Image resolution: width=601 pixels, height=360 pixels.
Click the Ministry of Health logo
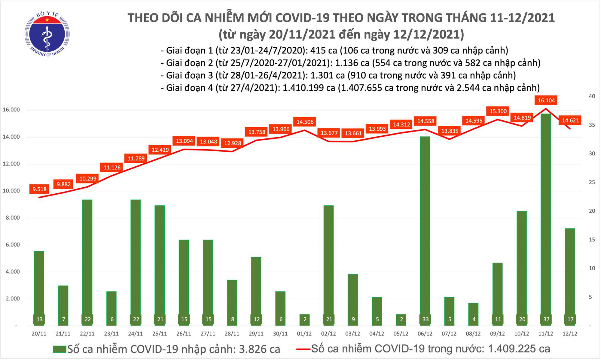(47, 34)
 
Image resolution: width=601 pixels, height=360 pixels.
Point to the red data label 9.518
(40, 189)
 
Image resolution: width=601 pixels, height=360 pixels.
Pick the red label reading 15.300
(498, 111)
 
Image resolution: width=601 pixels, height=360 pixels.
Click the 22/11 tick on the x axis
(87, 334)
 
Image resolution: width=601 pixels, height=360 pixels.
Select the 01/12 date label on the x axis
(304, 334)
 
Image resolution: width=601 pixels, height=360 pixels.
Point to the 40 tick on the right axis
(592, 96)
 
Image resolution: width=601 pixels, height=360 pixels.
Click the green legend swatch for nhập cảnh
(59, 349)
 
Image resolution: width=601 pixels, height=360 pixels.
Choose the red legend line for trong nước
(303, 349)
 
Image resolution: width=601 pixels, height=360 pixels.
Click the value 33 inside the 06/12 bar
(425, 319)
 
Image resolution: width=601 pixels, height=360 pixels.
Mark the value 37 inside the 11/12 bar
(546, 319)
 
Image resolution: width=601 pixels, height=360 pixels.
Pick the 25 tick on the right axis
(592, 182)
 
